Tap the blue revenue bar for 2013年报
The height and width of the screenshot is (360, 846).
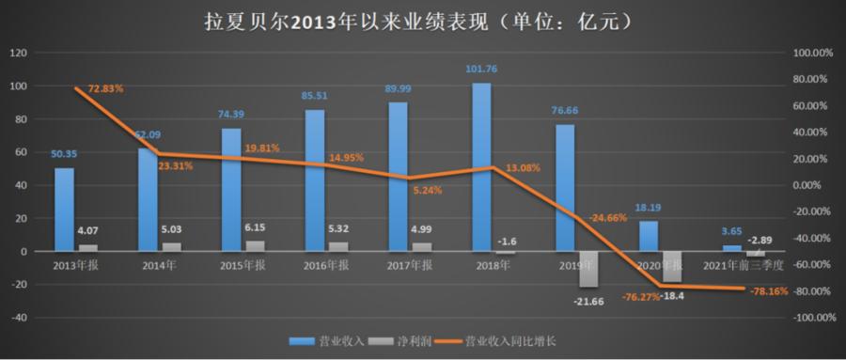pyautogui.click(x=64, y=210)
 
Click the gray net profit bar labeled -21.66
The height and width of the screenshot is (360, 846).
pyautogui.click(x=588, y=269)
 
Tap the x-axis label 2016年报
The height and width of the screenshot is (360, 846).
pyautogui.click(x=326, y=267)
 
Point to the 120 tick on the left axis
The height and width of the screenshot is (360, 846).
pyautogui.click(x=17, y=54)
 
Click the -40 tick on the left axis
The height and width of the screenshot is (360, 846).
pyautogui.click(x=17, y=318)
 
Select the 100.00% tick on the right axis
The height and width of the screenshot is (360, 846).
pyautogui.click(x=813, y=54)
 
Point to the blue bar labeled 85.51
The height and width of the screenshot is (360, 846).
pyautogui.click(x=314, y=180)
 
